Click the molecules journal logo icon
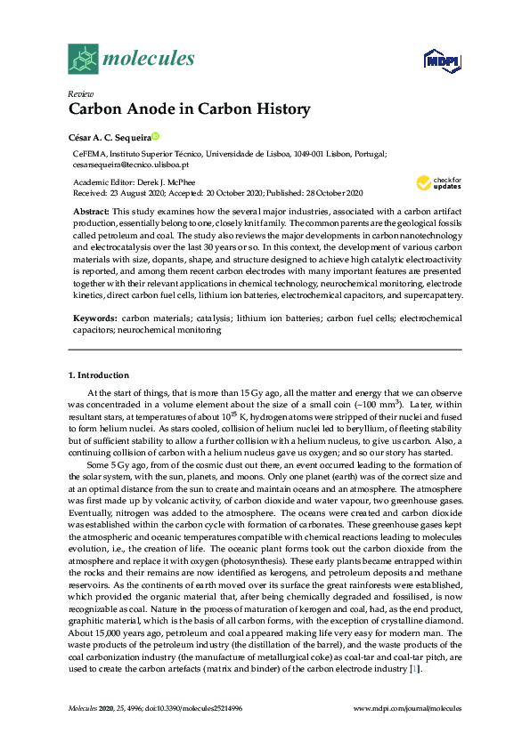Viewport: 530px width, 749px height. (83, 59)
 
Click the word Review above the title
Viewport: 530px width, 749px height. (79, 94)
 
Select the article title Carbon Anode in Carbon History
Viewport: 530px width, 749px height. (189, 110)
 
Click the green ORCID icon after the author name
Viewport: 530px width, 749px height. (155, 136)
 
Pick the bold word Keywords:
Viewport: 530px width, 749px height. (94, 318)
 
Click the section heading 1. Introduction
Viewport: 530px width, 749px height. (99, 375)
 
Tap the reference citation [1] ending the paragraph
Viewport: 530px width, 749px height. (412, 668)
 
